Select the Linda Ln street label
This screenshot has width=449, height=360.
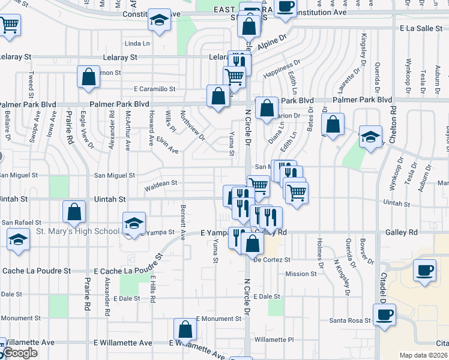pyautogui.click(x=137, y=43)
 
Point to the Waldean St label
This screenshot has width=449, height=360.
pyautogui.click(x=161, y=183)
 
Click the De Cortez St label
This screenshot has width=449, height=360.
pyautogui.click(x=272, y=260)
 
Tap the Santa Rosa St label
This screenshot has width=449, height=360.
pyautogui.click(x=350, y=320)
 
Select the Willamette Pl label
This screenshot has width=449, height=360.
pyautogui.click(x=274, y=339)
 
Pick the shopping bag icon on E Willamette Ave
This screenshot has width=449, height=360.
pyautogui.click(x=185, y=329)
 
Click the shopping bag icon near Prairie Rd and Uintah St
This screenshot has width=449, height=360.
pyautogui.click(x=74, y=211)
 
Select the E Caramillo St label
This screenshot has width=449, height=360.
pyautogui.click(x=154, y=89)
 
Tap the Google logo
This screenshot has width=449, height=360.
pyautogui.click(x=20, y=353)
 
